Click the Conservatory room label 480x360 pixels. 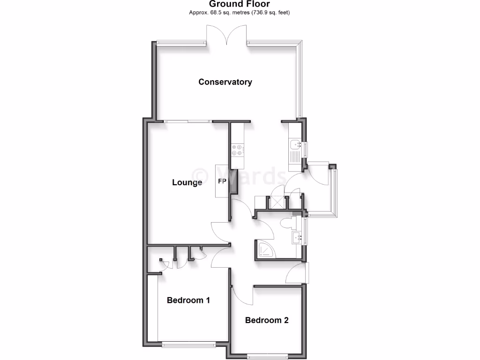coord(225,82)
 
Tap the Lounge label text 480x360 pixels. coord(187,182)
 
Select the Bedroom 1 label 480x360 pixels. coord(188,300)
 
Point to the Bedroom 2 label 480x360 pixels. coord(266,321)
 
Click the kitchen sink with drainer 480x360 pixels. coord(295,150)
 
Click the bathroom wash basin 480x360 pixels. coord(296,238)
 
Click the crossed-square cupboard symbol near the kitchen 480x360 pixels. coord(278,202)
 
